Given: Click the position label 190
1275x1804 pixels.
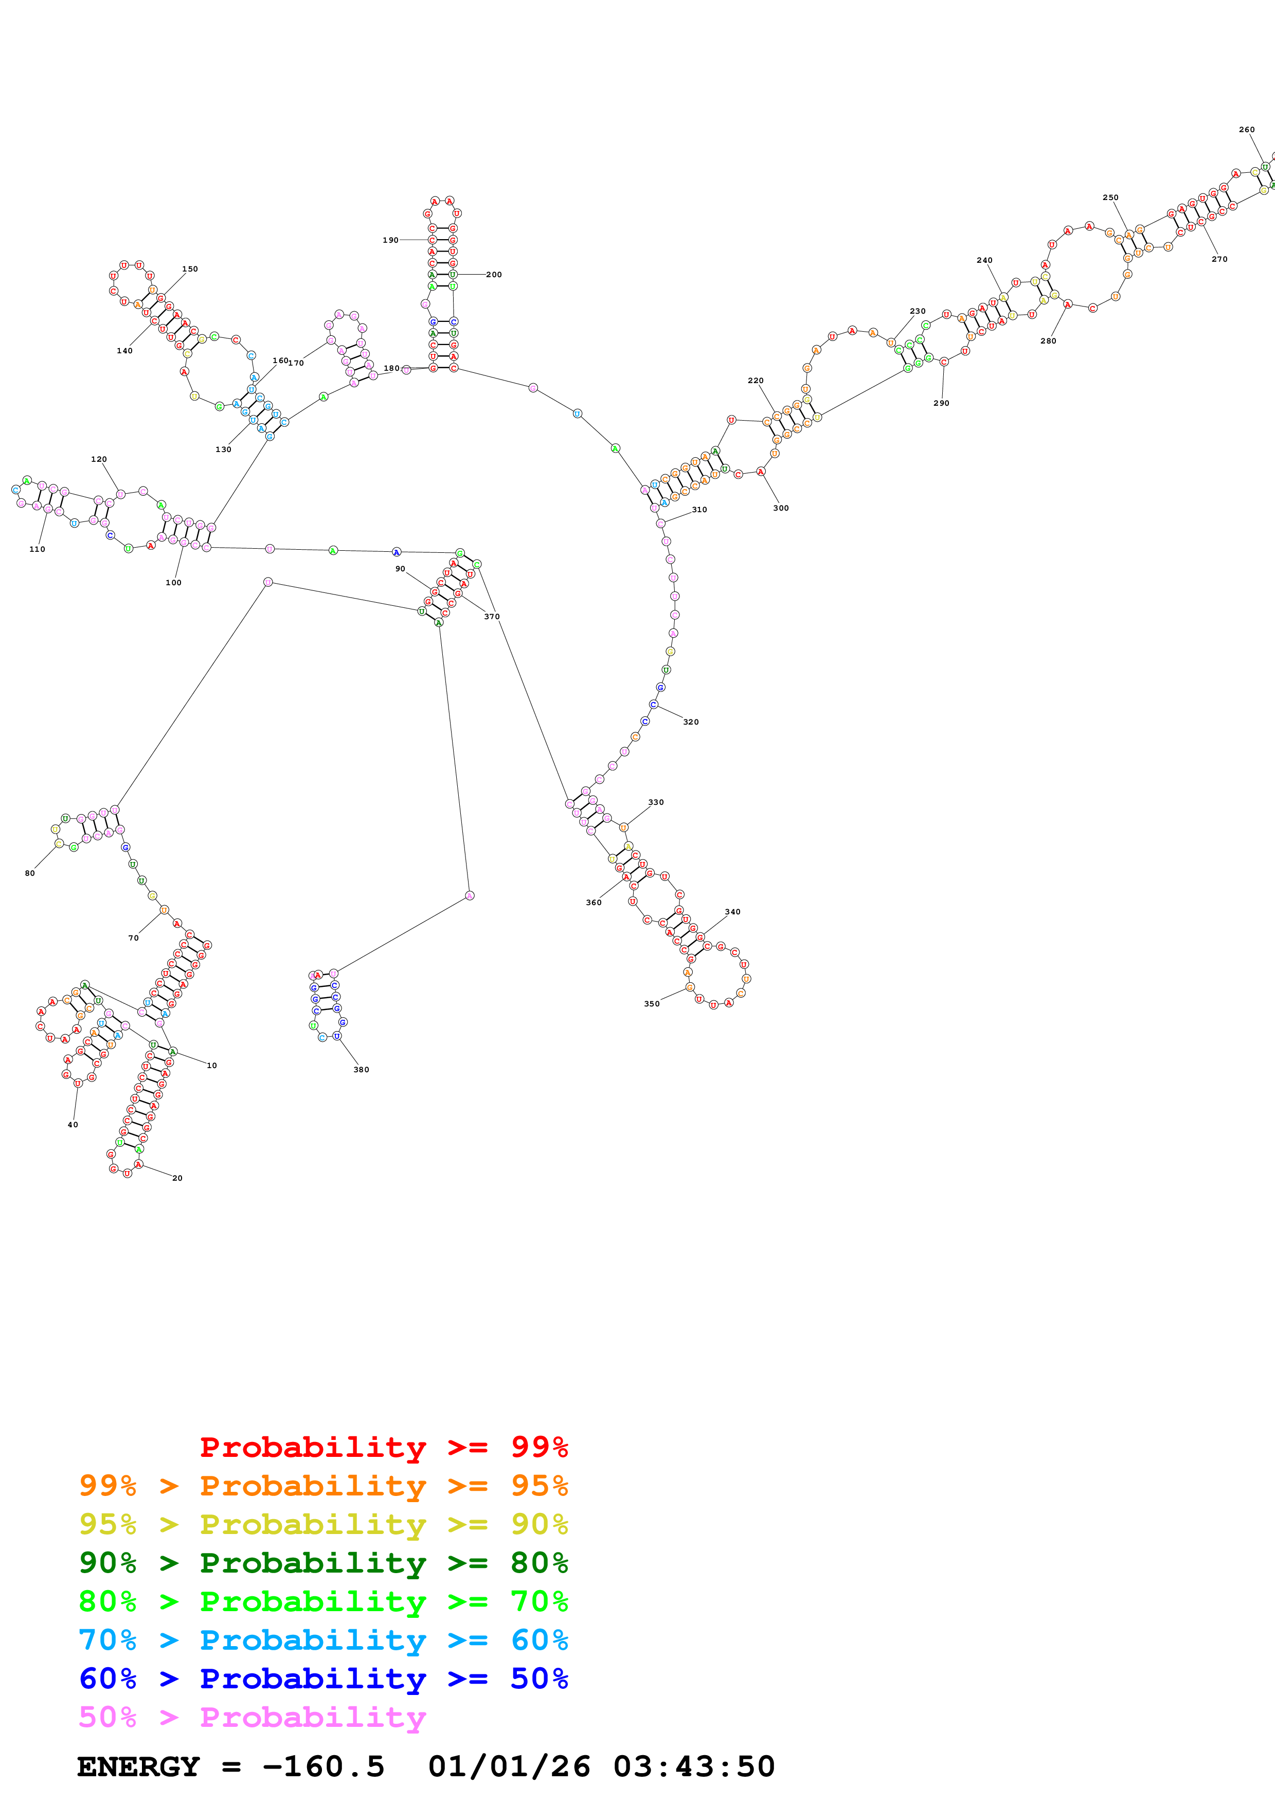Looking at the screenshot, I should coord(390,241).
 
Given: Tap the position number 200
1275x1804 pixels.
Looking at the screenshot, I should coord(493,275).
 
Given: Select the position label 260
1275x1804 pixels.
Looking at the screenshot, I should coord(1247,130).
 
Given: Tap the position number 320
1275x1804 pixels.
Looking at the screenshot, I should coord(691,722).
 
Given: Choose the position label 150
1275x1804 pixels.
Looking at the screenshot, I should coord(190,269).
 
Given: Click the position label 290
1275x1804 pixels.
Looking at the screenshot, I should coord(941,403).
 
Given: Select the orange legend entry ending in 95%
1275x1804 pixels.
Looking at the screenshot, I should coord(323,1486).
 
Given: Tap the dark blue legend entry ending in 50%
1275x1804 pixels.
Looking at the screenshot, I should coord(323,1679).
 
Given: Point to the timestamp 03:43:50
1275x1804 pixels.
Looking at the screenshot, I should coord(694,1767).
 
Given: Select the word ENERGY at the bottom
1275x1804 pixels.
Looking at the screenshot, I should coord(138,1767).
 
